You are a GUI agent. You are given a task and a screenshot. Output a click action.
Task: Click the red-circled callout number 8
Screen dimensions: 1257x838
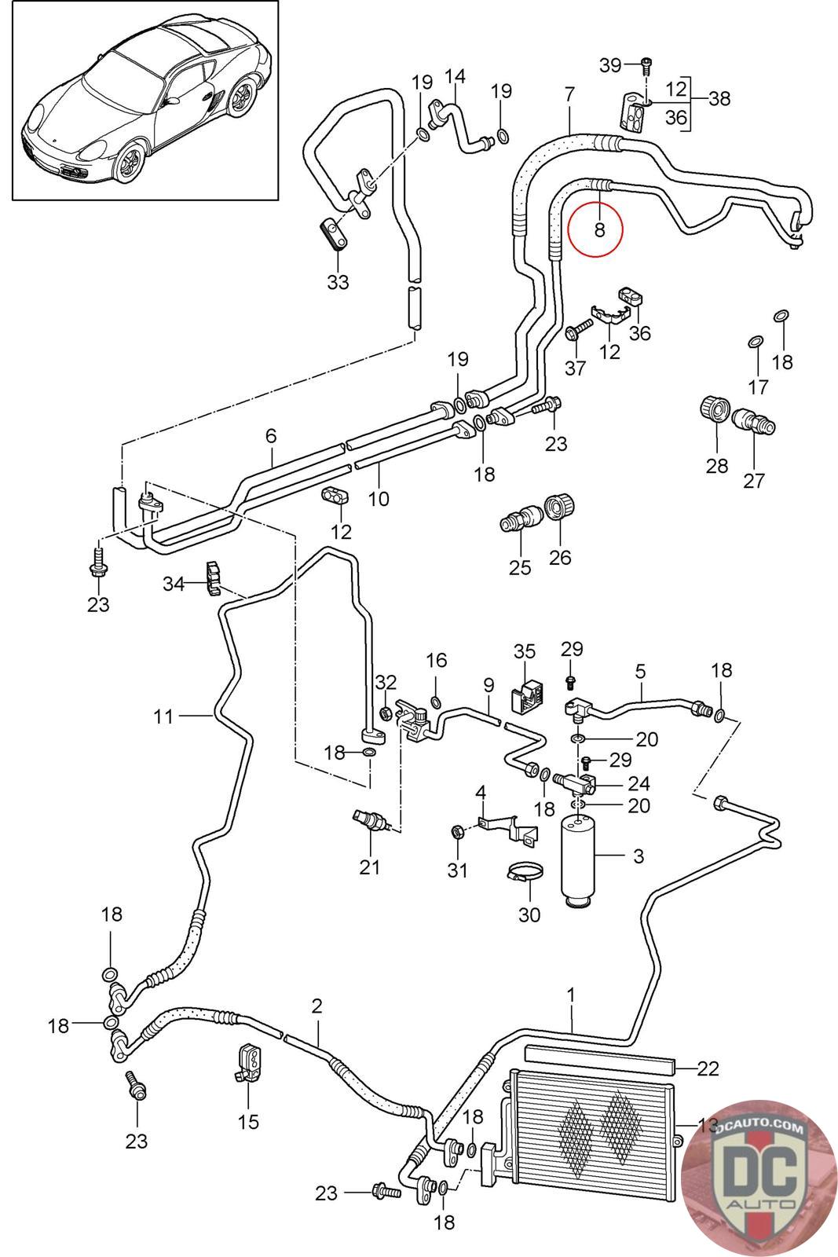(600, 229)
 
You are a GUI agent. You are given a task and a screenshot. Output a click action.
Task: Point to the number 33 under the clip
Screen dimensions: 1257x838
(338, 281)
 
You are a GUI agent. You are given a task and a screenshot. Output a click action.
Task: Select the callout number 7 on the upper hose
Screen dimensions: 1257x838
(569, 94)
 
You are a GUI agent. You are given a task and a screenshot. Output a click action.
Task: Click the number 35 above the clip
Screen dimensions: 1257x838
(525, 651)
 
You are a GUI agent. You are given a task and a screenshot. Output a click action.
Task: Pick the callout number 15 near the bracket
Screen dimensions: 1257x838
(248, 1122)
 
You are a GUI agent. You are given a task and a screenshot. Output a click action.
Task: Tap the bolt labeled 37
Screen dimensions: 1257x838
(578, 329)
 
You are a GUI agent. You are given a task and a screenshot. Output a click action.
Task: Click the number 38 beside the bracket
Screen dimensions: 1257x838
(719, 98)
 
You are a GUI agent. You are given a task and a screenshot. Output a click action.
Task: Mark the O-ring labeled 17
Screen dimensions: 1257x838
(755, 342)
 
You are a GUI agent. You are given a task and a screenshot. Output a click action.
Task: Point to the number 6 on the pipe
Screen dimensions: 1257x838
(272, 434)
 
